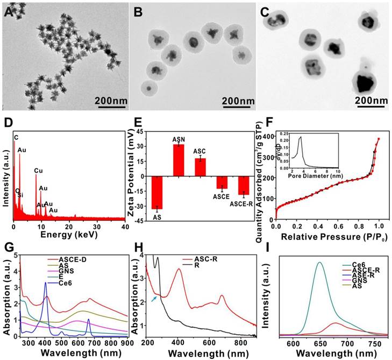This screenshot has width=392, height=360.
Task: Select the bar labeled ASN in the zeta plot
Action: click(x=178, y=160)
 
